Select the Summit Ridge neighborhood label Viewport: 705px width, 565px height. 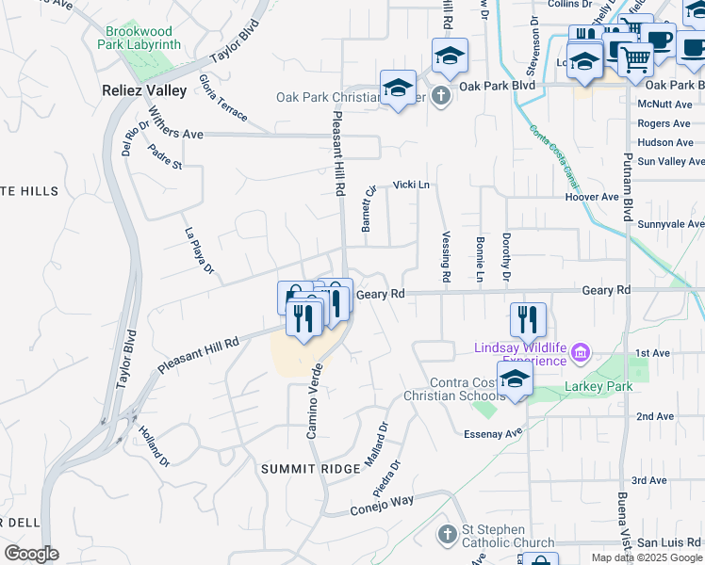click(309, 468)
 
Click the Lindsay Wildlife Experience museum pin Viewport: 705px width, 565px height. click(581, 354)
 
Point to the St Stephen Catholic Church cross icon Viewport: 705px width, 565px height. click(448, 534)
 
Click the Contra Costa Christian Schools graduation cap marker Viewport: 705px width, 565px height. click(515, 379)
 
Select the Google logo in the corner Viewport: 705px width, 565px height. click(31, 554)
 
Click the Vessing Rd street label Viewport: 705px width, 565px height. click(446, 258)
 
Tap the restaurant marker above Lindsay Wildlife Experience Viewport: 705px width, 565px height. click(528, 319)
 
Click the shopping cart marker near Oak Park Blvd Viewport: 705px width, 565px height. click(636, 58)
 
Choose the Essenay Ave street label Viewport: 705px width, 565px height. click(493, 433)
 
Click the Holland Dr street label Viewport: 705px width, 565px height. click(154, 447)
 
